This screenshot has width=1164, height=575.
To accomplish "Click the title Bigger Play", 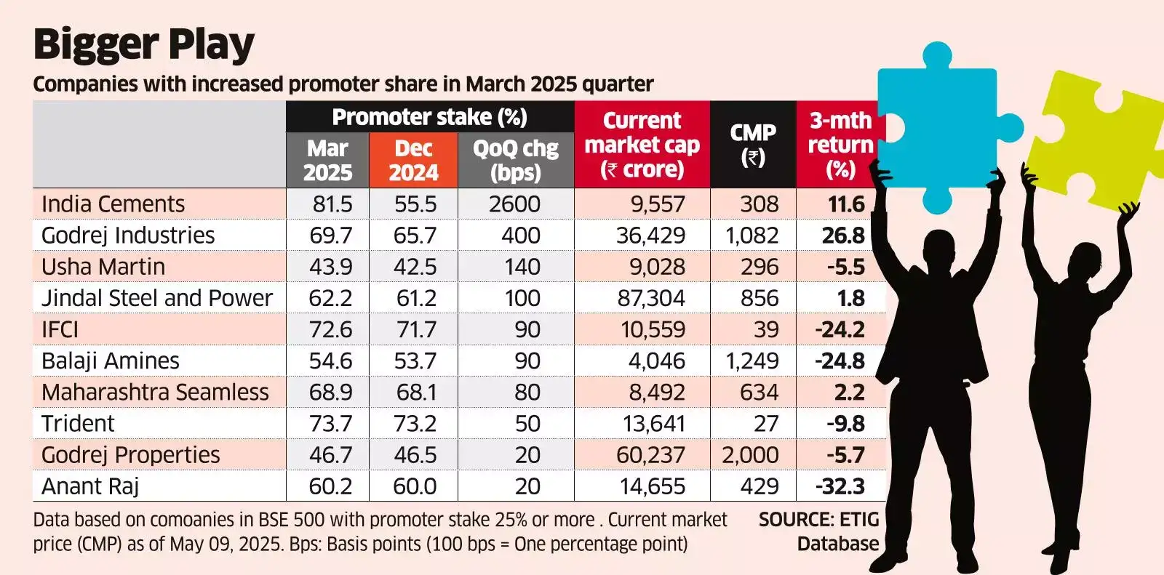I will pyautogui.click(x=143, y=45).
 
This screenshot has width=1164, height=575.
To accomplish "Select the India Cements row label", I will pyautogui.click(x=113, y=204).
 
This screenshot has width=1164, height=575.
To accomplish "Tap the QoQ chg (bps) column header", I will pyautogui.click(x=515, y=160).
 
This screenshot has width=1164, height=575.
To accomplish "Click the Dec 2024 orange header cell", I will pyautogui.click(x=413, y=160).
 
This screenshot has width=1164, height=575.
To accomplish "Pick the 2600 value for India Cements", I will pyautogui.click(x=514, y=204).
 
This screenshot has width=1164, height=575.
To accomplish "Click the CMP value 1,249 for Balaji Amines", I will pyautogui.click(x=752, y=361).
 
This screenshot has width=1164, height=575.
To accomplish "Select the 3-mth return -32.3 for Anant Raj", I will pyautogui.click(x=840, y=486).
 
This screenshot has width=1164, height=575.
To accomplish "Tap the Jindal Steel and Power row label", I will pyautogui.click(x=156, y=298).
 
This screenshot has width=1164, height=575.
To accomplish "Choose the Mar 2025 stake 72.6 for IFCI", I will pyautogui.click(x=330, y=329).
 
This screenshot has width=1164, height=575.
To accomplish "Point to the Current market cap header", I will pyautogui.click(x=642, y=145).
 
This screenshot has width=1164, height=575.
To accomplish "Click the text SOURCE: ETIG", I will pyautogui.click(x=818, y=520).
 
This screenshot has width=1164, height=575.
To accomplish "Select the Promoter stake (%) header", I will pyautogui.click(x=429, y=117).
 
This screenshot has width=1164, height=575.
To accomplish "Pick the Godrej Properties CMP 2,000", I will pyautogui.click(x=750, y=455).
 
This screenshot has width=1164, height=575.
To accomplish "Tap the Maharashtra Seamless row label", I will pyautogui.click(x=155, y=393).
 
